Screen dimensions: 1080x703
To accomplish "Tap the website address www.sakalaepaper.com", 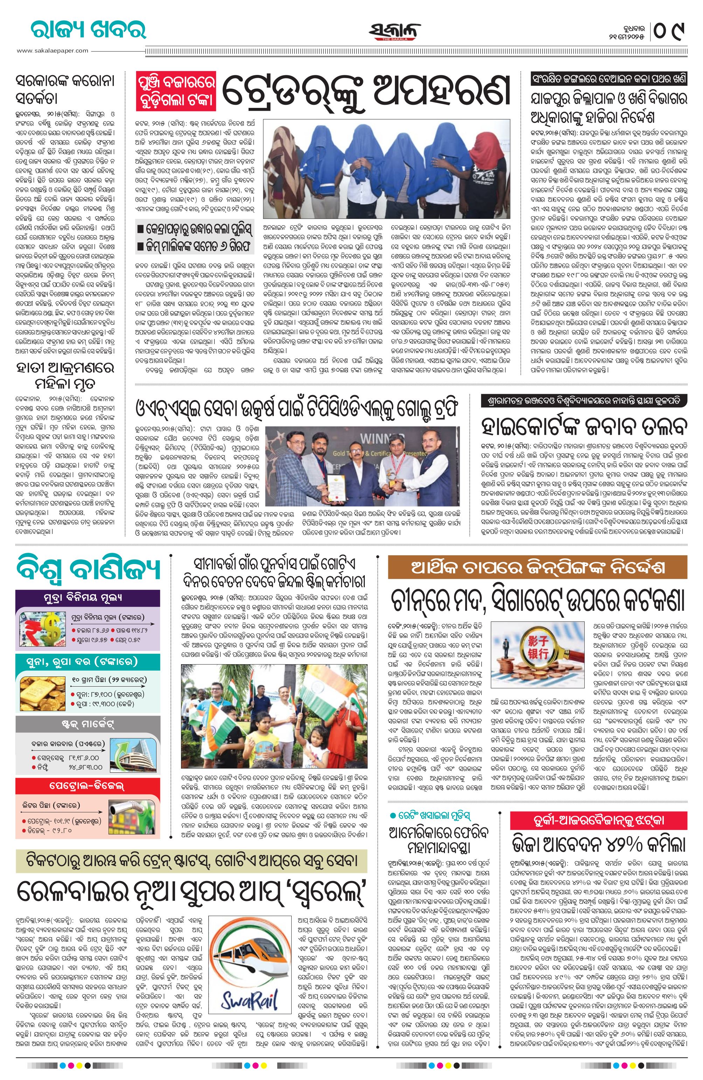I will [53, 51].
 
